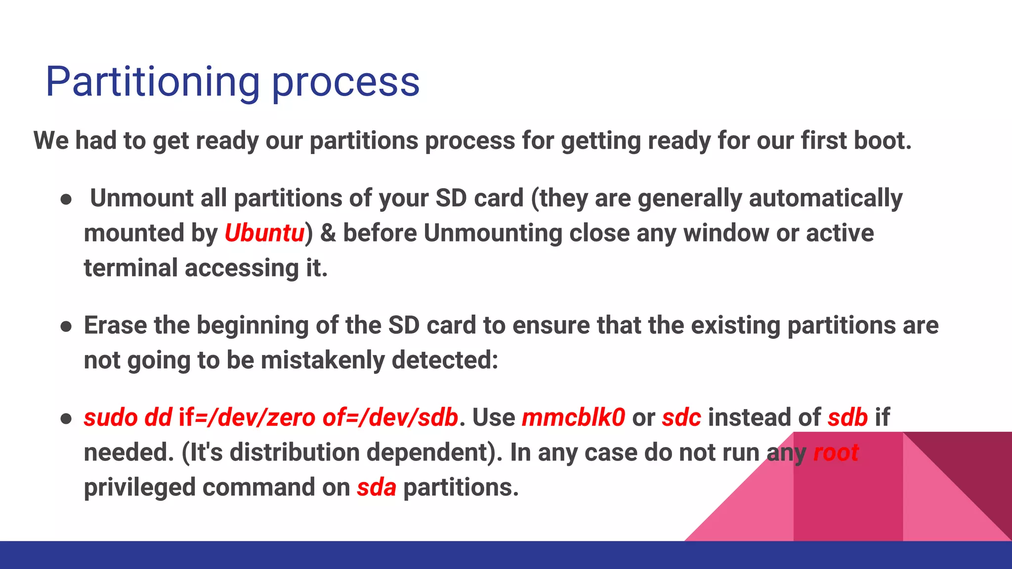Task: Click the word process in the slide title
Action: [346, 83]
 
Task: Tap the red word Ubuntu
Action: [264, 233]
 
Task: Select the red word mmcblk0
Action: [573, 417]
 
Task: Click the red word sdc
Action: [681, 417]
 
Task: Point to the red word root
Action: [836, 452]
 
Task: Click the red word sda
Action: [377, 488]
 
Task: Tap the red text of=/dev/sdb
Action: [390, 417]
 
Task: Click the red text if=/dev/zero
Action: [247, 417]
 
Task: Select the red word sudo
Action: [111, 417]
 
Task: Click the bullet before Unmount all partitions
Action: [66, 200]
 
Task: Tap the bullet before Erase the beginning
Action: [66, 326]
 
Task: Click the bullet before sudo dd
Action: [66, 419]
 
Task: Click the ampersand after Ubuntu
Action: [328, 233]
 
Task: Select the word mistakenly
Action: [322, 360]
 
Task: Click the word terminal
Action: [130, 268]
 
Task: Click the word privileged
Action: [140, 488]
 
